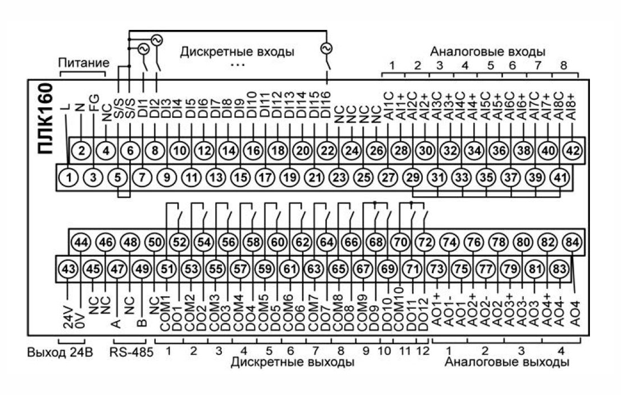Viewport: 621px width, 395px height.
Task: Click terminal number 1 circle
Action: (68, 177)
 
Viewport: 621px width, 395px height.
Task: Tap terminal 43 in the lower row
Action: (68, 269)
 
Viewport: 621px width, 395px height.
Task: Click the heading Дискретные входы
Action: (238, 52)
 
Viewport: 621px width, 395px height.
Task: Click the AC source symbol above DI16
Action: (327, 49)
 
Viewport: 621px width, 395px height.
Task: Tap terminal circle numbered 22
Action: (327, 151)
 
